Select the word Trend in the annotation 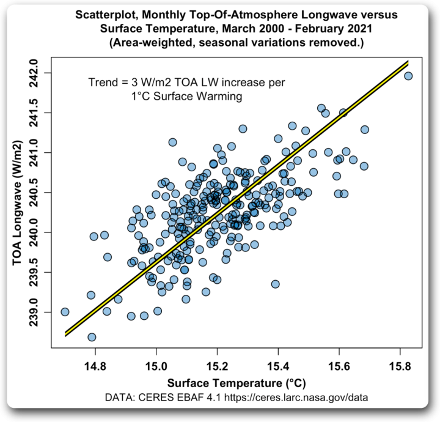pyautogui.click(x=102, y=83)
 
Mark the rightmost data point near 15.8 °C pyautogui.click(x=408, y=76)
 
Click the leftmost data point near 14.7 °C pyautogui.click(x=65, y=312)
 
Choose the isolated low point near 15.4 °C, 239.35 pyautogui.click(x=275, y=284)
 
